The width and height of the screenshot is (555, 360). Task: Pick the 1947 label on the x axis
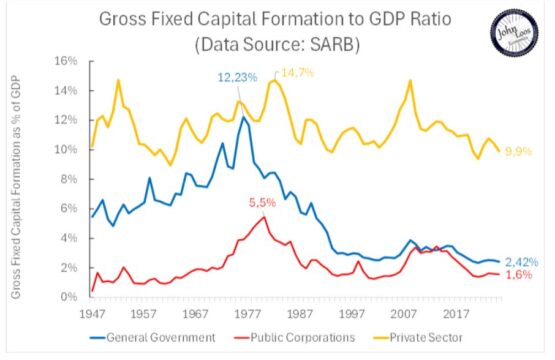(x=91, y=314)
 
